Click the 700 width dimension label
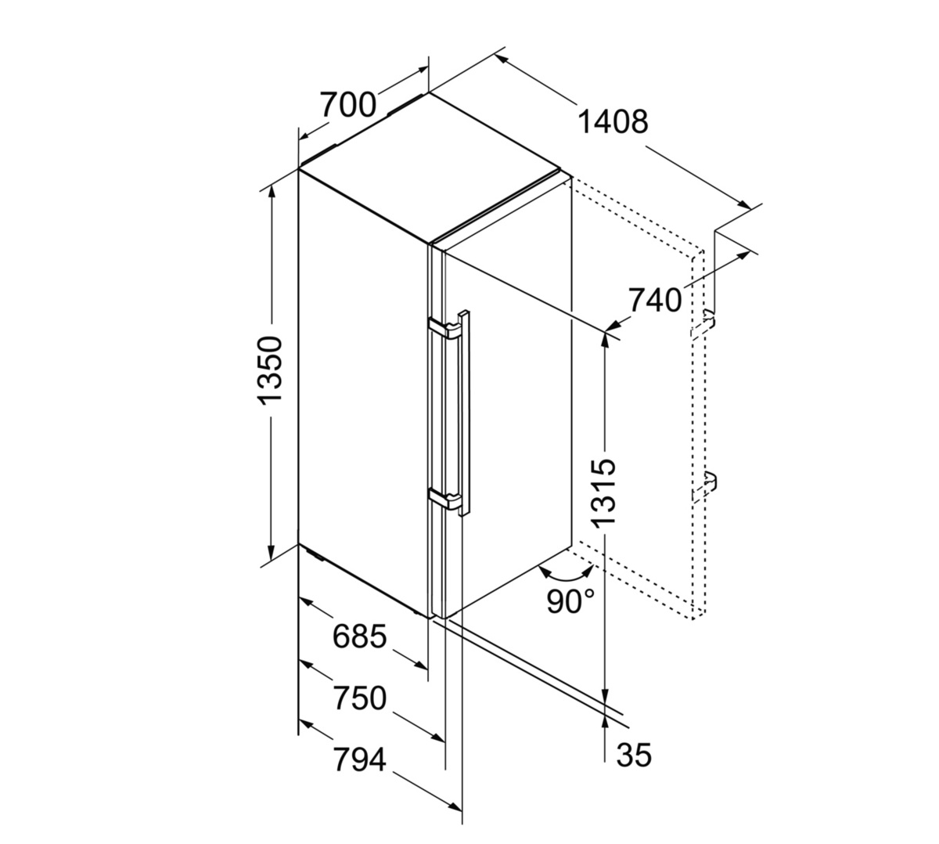(x=348, y=105)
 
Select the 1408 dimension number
(x=613, y=122)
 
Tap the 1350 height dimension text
(x=270, y=370)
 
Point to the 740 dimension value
(x=655, y=300)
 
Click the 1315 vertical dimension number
(x=604, y=492)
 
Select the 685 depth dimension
(x=360, y=637)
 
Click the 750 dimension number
(x=360, y=698)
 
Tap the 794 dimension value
(x=360, y=759)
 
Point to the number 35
(x=634, y=755)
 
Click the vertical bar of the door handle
(x=465, y=413)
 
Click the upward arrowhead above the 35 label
(x=605, y=724)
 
